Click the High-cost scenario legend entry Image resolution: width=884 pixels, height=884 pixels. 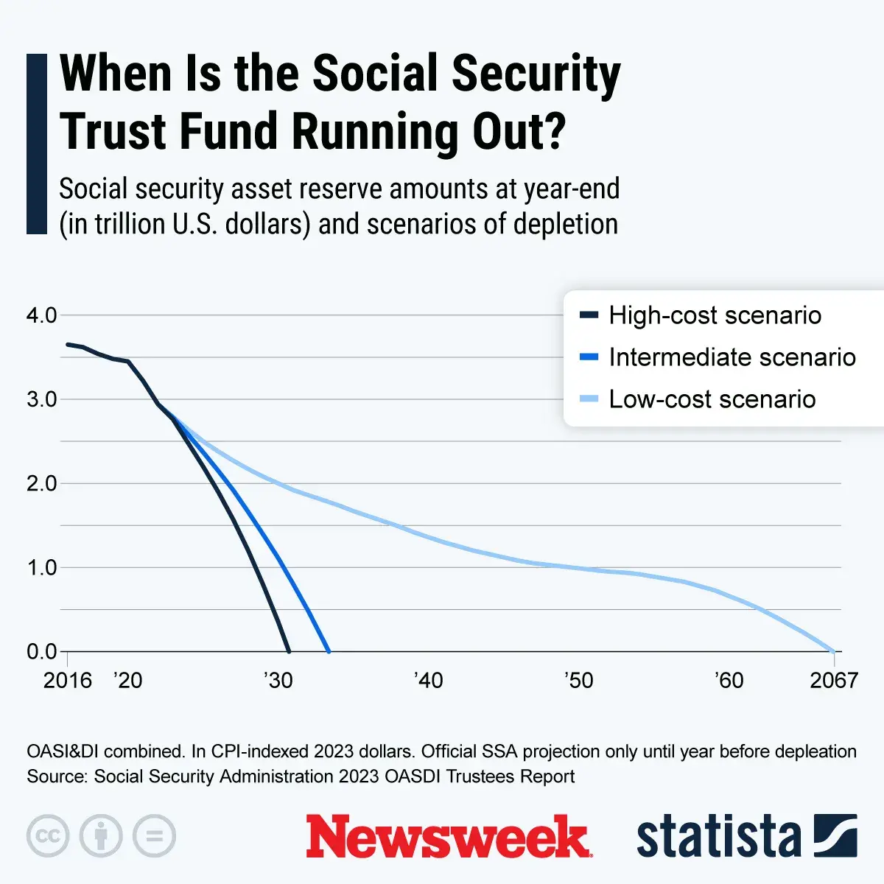[x=714, y=315]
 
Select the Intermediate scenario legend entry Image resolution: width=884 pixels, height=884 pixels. [x=732, y=357]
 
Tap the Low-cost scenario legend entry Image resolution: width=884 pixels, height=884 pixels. [x=712, y=399]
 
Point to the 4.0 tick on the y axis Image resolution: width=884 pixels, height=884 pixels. [x=41, y=315]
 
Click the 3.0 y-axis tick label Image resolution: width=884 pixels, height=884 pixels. [x=41, y=399]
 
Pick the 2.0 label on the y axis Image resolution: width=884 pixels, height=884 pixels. [x=41, y=483]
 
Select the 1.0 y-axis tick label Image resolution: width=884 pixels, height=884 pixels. [x=41, y=567]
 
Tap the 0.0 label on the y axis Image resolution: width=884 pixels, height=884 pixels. [x=41, y=651]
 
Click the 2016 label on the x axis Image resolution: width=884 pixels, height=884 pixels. [x=68, y=680]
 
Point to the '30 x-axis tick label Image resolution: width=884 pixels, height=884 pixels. [x=278, y=680]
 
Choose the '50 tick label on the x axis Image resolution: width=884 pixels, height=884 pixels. [x=579, y=680]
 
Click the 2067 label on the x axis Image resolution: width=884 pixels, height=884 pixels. [x=834, y=680]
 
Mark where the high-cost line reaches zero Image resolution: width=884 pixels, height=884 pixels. [x=288, y=651]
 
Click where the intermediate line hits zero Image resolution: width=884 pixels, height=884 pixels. [x=329, y=651]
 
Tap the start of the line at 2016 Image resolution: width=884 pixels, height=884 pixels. [x=68, y=344]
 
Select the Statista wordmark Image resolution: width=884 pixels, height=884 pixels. [x=718, y=836]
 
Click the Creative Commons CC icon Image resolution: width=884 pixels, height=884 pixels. [x=48, y=836]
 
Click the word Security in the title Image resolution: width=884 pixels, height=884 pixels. [x=536, y=74]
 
